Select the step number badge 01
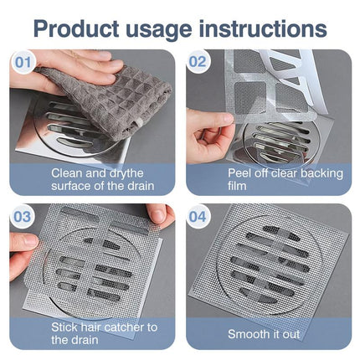(24, 61)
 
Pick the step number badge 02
(198, 61)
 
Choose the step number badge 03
(23, 216)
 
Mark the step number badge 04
(198, 216)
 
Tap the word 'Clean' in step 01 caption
(69, 172)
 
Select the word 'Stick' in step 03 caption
(65, 327)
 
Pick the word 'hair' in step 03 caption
(95, 327)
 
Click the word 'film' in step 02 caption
(242, 185)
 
